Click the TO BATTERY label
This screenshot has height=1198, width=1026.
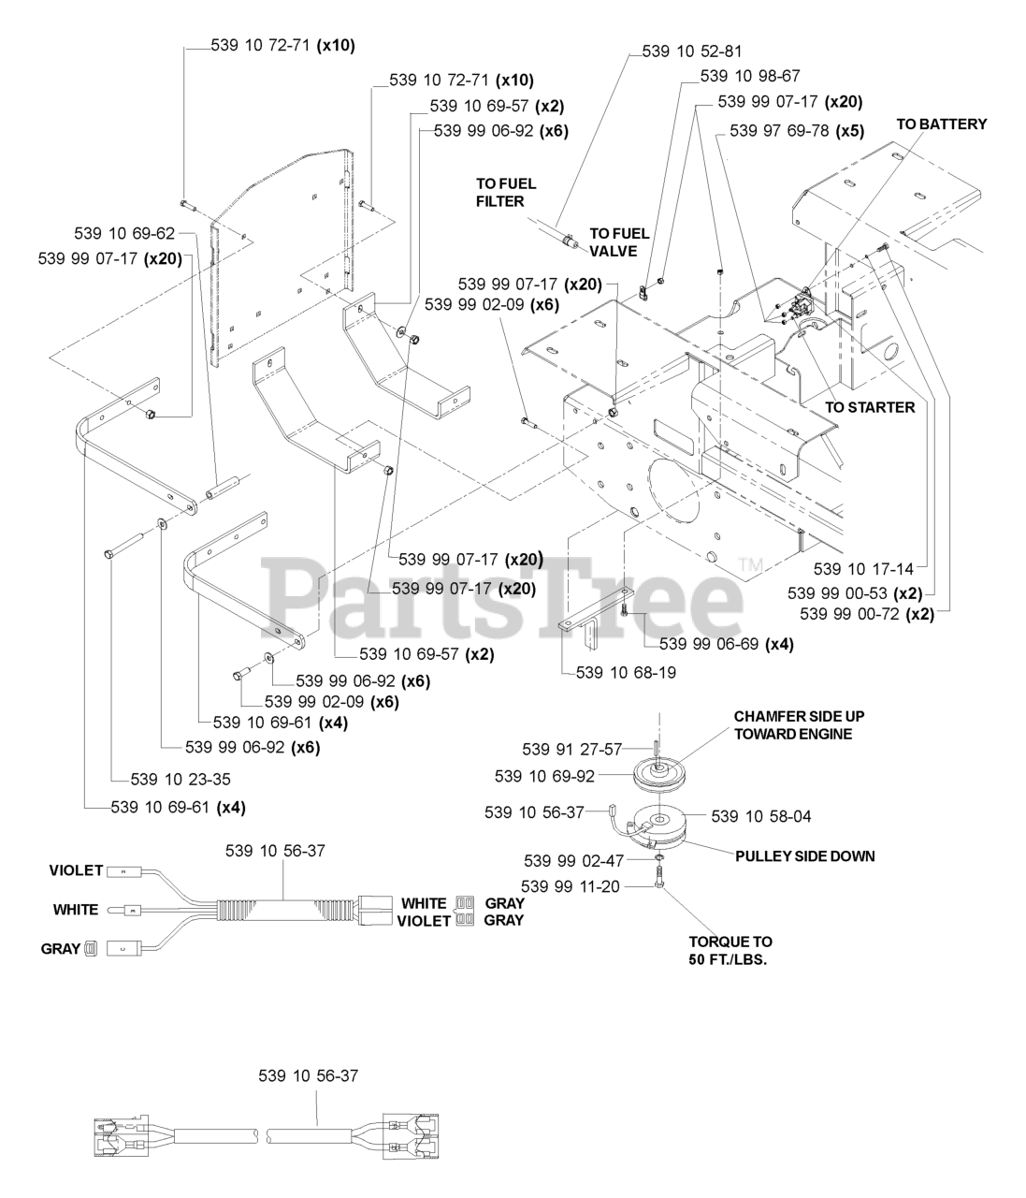[x=941, y=124]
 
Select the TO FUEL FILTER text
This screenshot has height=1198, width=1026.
[x=505, y=192]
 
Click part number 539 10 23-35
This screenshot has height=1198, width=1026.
[x=181, y=779]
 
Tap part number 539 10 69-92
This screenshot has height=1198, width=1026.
[x=544, y=776]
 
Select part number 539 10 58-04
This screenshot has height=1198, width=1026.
[x=761, y=816]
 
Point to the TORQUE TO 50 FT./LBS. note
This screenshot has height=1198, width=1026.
[x=730, y=951]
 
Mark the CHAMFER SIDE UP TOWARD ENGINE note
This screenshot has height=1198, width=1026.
[x=799, y=724]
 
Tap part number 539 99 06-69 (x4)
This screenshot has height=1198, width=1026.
[x=726, y=644]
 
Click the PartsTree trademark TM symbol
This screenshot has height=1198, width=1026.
[x=751, y=564]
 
